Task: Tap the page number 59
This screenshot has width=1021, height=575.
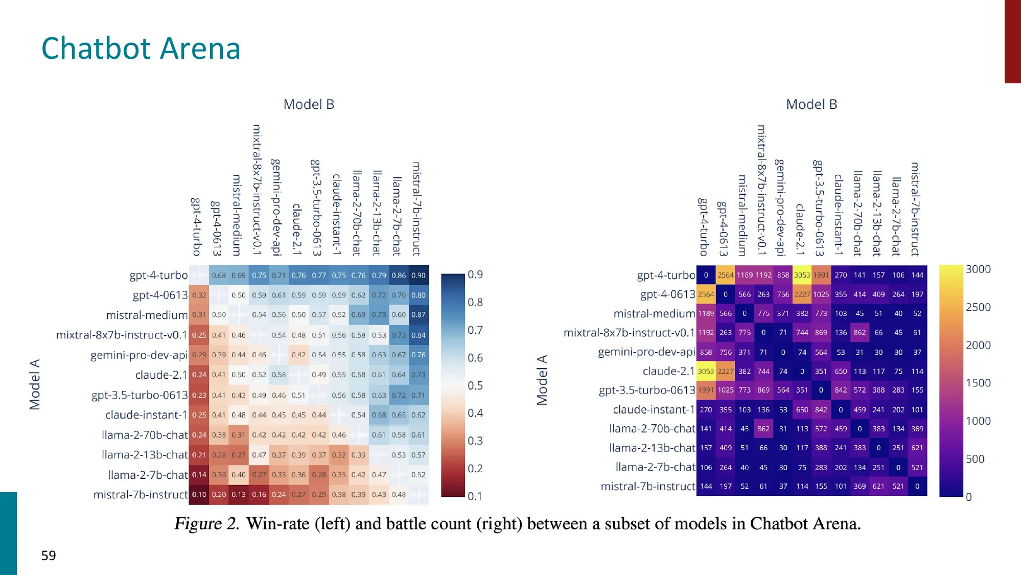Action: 49,556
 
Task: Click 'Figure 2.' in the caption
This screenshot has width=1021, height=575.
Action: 207,524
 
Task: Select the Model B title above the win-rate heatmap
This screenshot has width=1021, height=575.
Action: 309,104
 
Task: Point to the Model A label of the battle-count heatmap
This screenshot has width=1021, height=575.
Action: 542,380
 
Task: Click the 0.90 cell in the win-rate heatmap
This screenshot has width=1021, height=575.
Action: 419,275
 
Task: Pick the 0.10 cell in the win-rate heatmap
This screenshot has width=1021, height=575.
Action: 199,495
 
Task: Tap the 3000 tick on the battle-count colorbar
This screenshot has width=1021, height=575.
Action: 978,269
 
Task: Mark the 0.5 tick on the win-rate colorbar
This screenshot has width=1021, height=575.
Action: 475,385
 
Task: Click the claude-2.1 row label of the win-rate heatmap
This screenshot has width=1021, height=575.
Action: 161,375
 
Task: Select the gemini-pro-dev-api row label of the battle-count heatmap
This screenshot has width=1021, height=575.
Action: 646,352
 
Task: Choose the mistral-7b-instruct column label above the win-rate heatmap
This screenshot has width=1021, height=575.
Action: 416,209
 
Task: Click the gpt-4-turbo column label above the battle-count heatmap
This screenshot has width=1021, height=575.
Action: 704,226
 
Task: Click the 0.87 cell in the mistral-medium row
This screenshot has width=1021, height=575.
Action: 419,315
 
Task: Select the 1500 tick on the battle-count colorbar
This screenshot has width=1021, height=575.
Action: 978,383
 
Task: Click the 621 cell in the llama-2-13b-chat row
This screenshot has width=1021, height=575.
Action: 917,448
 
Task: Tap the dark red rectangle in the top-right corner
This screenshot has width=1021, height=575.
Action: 1012,41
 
